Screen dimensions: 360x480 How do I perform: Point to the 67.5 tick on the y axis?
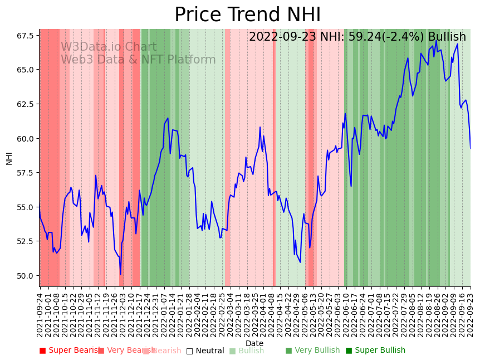(25, 36)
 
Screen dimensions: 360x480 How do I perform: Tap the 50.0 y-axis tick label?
(25, 276)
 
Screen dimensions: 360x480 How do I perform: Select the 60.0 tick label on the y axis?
(25, 138)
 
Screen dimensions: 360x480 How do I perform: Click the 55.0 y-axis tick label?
(25, 207)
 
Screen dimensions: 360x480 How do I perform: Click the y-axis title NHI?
(9, 158)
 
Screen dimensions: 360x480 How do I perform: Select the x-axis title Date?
(254, 343)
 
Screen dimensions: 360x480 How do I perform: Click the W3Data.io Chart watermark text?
(109, 47)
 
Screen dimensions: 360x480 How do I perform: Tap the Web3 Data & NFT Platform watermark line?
(138, 60)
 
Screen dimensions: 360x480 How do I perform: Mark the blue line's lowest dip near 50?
(120, 274)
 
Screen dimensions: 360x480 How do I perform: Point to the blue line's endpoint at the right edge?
(471, 148)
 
